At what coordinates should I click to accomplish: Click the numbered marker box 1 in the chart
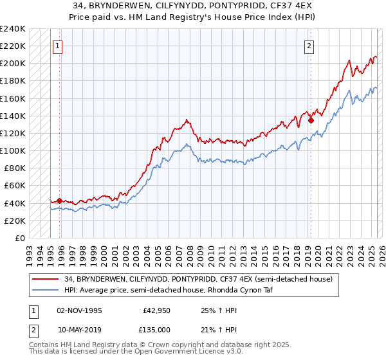pos(59,46)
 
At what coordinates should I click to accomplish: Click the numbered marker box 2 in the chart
pos(309,46)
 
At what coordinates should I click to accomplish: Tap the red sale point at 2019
pos(311,119)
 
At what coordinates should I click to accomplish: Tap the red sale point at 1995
pos(60,201)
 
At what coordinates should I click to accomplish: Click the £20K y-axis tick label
pos(15,221)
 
